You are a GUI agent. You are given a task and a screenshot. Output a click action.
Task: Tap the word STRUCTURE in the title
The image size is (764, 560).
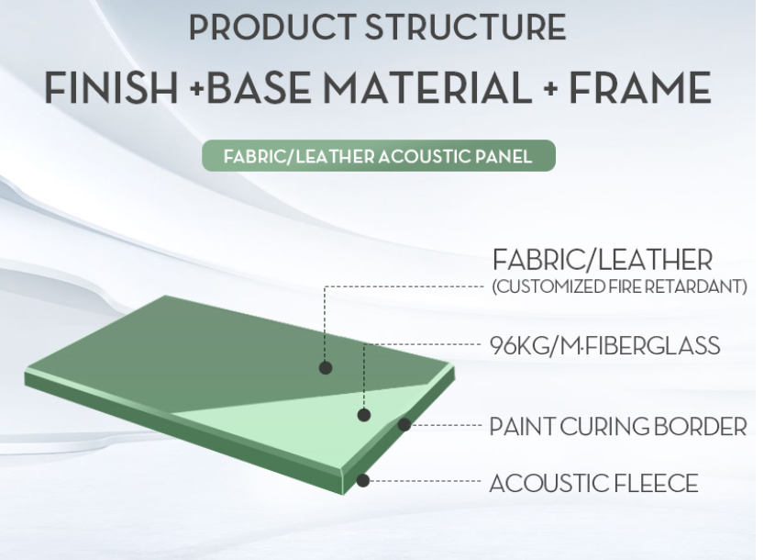tap(465, 27)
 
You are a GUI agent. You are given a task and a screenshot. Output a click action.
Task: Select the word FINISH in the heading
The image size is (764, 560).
tap(111, 88)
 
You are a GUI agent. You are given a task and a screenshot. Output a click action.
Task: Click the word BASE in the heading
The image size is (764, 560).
tap(260, 88)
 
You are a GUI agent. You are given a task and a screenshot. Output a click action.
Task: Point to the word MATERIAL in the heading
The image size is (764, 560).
tap(427, 88)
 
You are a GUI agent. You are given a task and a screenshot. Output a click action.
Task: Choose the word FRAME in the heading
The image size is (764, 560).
tap(640, 88)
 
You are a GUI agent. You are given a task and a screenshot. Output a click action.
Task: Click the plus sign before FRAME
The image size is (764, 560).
tap(550, 89)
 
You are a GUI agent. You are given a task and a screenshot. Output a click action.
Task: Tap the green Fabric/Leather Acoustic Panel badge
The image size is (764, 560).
tap(379, 156)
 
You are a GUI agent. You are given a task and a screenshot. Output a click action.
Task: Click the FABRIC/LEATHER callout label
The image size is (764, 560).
tap(603, 260)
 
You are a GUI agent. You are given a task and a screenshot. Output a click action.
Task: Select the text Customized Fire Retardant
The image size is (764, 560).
tap(619, 286)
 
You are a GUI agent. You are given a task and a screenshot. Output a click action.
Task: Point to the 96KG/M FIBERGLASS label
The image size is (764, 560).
tap(604, 346)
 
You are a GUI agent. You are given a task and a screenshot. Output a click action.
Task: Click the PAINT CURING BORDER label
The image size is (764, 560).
tap(618, 426)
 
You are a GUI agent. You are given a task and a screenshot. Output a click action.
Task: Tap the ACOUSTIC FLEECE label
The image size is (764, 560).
tap(594, 484)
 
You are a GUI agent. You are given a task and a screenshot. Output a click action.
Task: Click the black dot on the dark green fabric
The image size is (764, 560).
tap(326, 368)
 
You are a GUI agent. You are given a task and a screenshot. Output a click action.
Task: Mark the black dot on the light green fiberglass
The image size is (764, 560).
tap(364, 415)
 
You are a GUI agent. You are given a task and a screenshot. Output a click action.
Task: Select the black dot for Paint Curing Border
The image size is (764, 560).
tap(404, 425)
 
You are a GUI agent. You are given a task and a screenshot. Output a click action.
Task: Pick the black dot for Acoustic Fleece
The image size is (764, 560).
tap(362, 480)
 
